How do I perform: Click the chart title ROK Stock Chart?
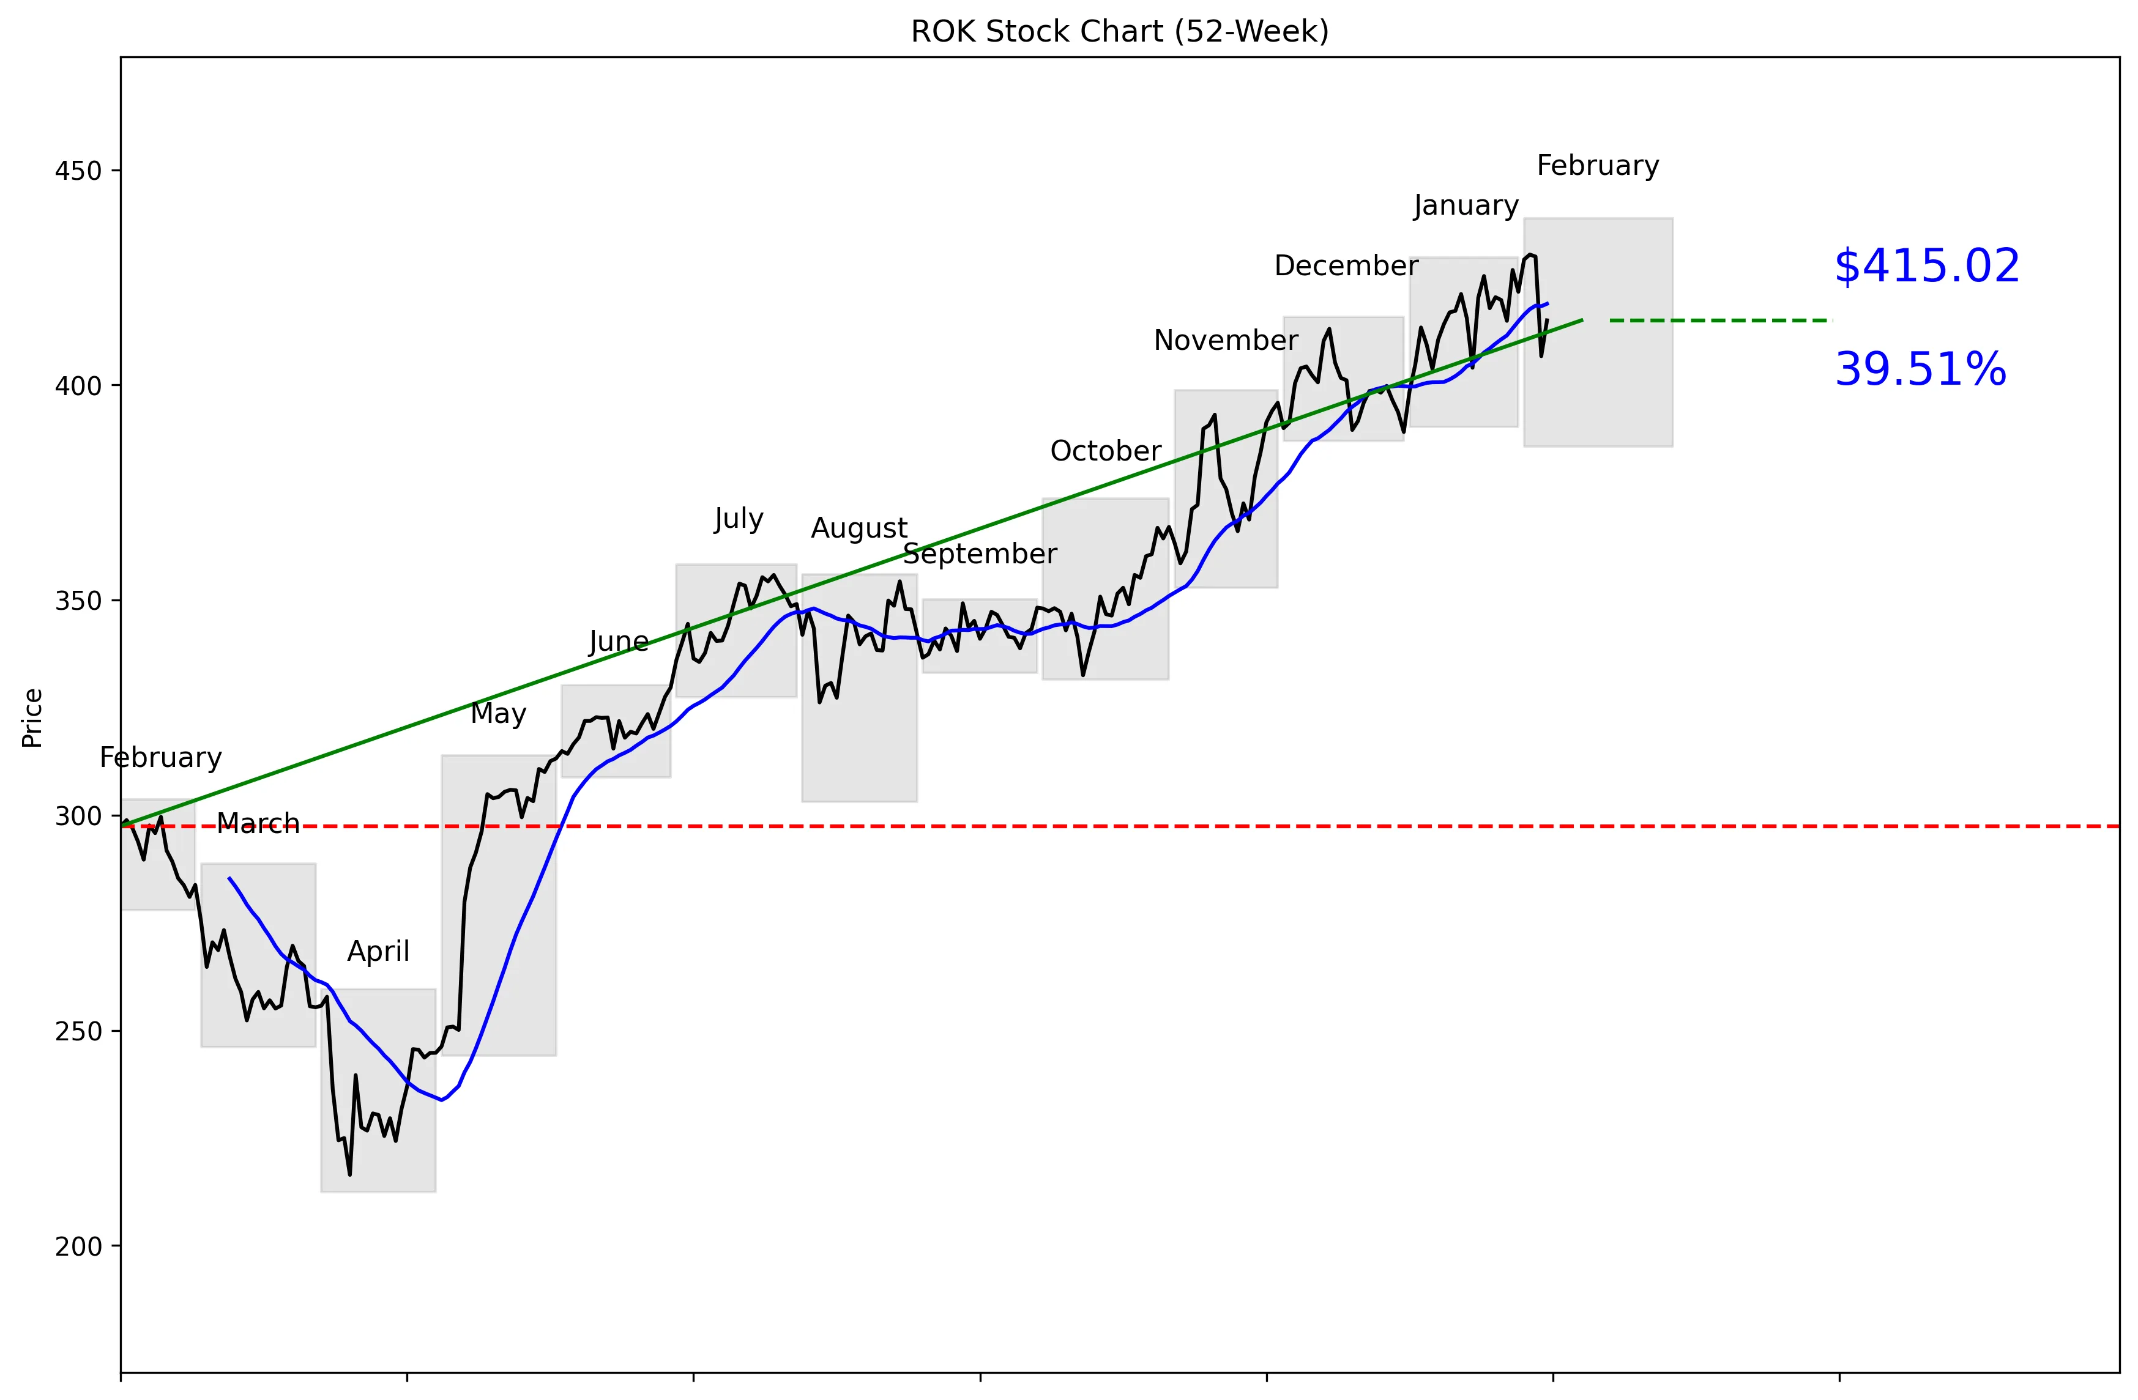(1119, 31)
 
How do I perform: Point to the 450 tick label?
(78, 171)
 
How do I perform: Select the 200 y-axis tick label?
(78, 1246)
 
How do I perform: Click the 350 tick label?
(78, 601)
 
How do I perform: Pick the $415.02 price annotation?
(1927, 267)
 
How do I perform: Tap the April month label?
(378, 951)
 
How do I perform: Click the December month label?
(1346, 266)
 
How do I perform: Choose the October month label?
(1105, 451)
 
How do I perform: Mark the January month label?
(1465, 206)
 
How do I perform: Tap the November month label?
(1225, 340)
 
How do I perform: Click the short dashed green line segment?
(1719, 320)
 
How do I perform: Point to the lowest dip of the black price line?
(349, 1174)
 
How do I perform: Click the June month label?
(618, 641)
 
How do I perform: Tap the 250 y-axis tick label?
(78, 1031)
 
